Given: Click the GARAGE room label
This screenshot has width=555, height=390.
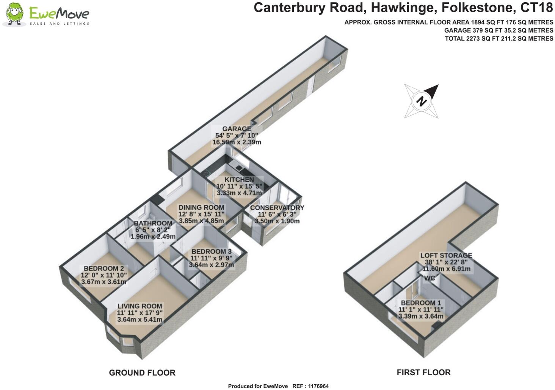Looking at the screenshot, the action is pyautogui.click(x=237, y=129).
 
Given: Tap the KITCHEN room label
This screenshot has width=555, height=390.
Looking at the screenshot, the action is pyautogui.click(x=239, y=180).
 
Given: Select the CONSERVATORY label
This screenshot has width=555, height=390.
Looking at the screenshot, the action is pyautogui.click(x=277, y=208).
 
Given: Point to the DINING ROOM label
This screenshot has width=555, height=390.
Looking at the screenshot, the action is pyautogui.click(x=201, y=208).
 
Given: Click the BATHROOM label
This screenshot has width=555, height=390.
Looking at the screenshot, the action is pyautogui.click(x=153, y=223).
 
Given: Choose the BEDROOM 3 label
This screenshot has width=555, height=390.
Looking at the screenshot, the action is pyautogui.click(x=211, y=252).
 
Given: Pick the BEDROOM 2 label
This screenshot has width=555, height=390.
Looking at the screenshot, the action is pyautogui.click(x=103, y=268).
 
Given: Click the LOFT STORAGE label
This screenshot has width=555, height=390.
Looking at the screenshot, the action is pyautogui.click(x=446, y=256).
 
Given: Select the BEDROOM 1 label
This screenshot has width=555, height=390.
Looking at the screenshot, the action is pyautogui.click(x=421, y=303).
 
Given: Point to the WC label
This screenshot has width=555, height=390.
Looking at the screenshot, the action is pyautogui.click(x=430, y=278).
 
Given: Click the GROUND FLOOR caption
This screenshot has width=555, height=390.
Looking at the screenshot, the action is pyautogui.click(x=142, y=373).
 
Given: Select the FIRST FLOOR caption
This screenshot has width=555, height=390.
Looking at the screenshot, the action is pyautogui.click(x=424, y=373).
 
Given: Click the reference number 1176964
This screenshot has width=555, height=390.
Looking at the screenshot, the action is pyautogui.click(x=318, y=386).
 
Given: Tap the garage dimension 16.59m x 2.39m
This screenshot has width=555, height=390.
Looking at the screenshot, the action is pyautogui.click(x=237, y=142).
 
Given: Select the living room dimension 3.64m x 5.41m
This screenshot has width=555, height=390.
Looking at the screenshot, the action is pyautogui.click(x=140, y=319).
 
